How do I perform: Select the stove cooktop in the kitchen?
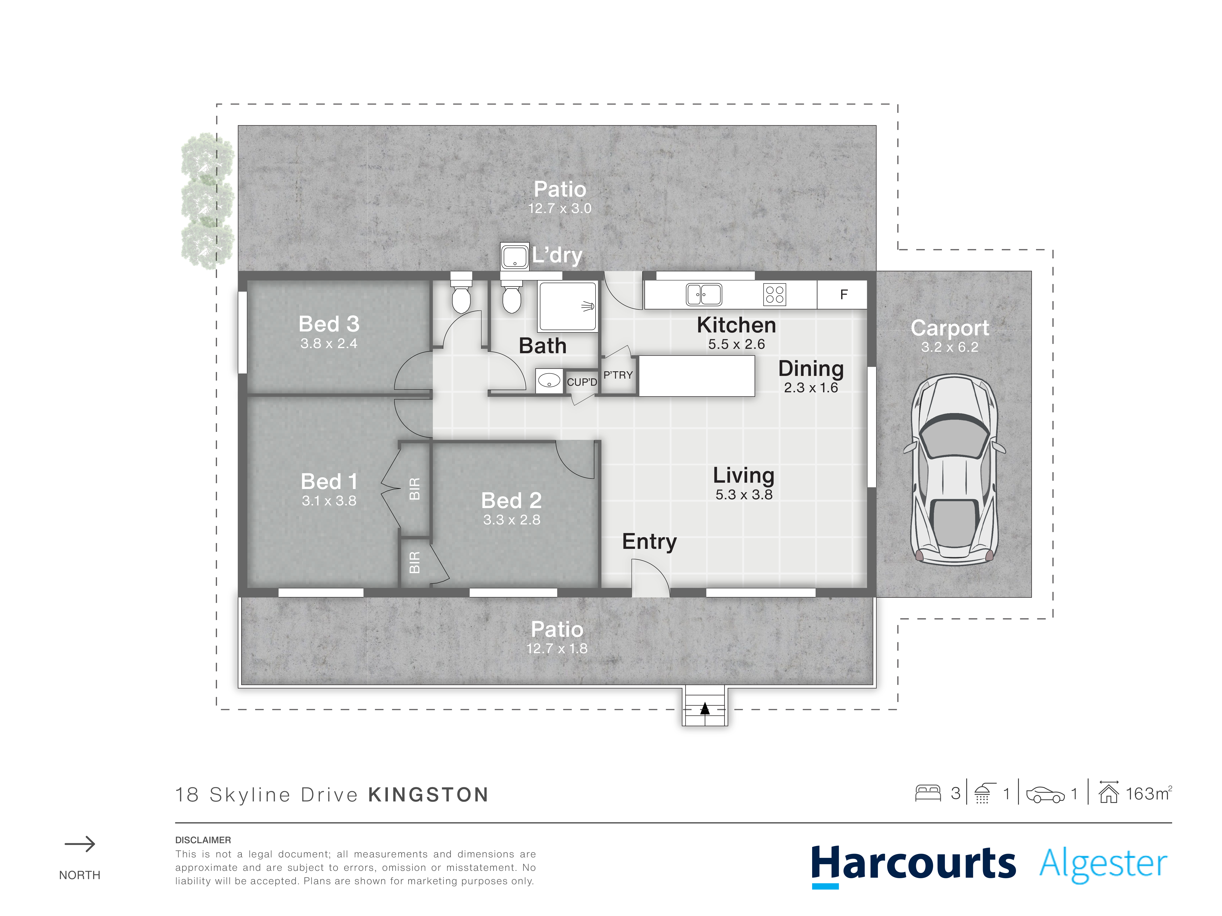pyautogui.click(x=775, y=294)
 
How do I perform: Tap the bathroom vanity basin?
pyautogui.click(x=549, y=380)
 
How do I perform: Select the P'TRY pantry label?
pyautogui.click(x=618, y=375)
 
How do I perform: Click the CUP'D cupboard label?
pyautogui.click(x=582, y=382)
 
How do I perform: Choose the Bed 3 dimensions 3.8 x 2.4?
pyautogui.click(x=329, y=343)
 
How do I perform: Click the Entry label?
pyautogui.click(x=649, y=542)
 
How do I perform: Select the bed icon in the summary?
pyautogui.click(x=928, y=793)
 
